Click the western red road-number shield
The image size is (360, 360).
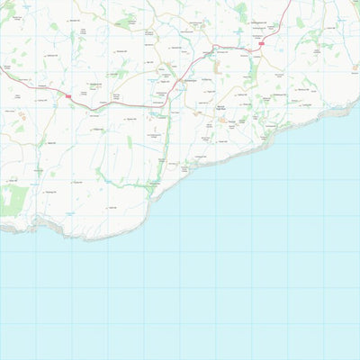67,94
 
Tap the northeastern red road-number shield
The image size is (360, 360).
262,41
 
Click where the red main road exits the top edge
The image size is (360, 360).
290,1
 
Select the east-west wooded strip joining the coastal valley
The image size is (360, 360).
126,184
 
